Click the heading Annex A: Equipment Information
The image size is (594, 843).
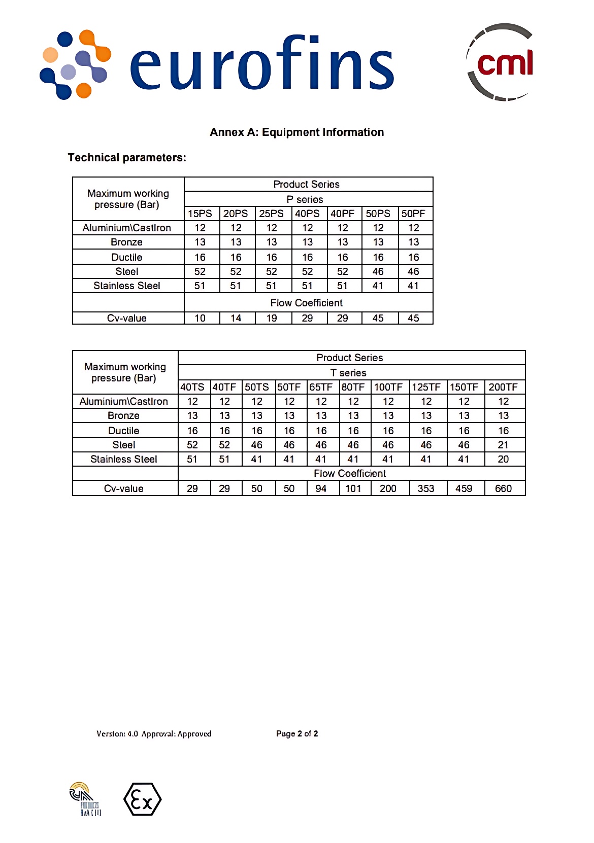296,132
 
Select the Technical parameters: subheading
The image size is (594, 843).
127,158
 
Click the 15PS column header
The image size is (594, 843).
200,214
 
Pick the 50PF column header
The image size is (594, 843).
413,214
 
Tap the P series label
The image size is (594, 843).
305,199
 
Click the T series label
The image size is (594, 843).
348,373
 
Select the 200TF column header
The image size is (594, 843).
503,387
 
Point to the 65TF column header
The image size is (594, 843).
321,387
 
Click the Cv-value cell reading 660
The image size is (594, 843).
503,488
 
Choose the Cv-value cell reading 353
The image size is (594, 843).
426,488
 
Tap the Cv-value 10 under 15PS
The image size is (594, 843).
200,318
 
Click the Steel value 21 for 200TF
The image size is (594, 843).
503,445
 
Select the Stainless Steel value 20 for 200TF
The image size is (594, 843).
503,459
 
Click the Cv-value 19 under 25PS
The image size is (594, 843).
272,318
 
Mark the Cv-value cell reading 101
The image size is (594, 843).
353,488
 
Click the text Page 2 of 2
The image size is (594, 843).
297,733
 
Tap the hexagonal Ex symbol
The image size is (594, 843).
143,799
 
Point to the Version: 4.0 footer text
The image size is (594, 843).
117,733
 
